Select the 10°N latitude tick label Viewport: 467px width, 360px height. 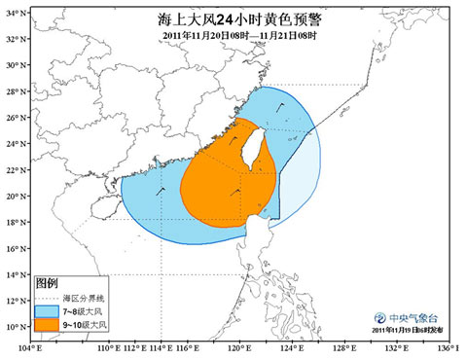[x=15, y=326]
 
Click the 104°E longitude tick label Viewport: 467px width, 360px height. [x=29, y=347]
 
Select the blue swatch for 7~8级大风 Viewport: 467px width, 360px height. [x=47, y=310]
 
